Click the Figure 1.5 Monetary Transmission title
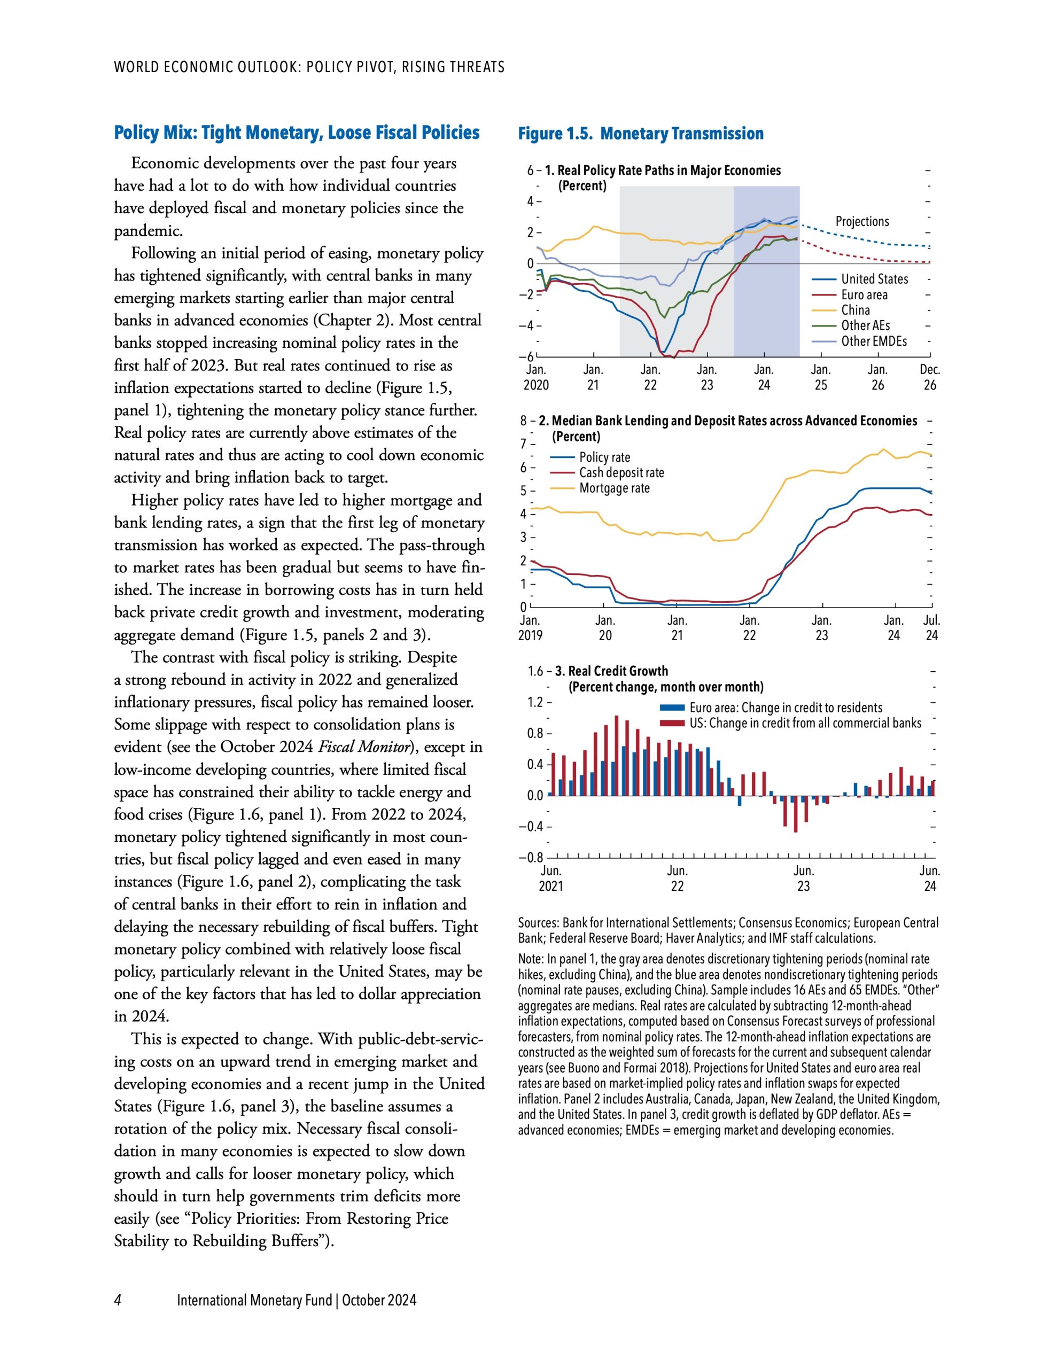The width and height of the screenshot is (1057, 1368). tap(640, 134)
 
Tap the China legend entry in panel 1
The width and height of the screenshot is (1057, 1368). tap(855, 310)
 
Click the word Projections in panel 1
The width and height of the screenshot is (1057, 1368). tap(861, 221)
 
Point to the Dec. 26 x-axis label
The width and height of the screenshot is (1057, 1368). tap(929, 378)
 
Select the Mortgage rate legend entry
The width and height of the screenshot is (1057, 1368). tap(614, 488)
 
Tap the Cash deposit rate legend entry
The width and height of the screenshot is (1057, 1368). tap(621, 473)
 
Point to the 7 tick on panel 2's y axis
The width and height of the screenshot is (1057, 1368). tap(524, 444)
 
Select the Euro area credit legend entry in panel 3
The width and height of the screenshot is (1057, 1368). tap(785, 708)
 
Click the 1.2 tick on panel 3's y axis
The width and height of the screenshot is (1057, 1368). tap(535, 702)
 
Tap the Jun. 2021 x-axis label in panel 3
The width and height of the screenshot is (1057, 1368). tap(551, 878)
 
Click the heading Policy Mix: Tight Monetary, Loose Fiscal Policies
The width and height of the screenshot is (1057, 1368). tap(297, 133)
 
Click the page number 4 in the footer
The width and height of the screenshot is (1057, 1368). tap(118, 1300)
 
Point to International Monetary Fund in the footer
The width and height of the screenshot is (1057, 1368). tap(254, 1300)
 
